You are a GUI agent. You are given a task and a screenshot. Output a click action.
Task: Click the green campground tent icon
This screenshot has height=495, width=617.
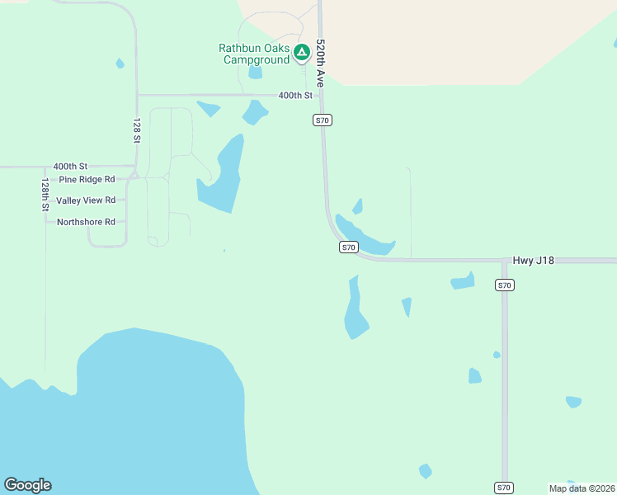pyautogui.click(x=302, y=54)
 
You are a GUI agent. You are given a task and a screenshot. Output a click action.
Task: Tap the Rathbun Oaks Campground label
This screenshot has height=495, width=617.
pyautogui.click(x=254, y=54)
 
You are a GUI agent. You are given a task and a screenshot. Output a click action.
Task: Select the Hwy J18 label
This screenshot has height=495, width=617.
pyautogui.click(x=533, y=260)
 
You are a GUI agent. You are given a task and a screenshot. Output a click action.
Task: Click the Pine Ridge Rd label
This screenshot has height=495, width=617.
pyautogui.click(x=87, y=179)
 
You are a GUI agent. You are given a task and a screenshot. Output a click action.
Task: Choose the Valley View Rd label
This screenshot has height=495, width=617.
pyautogui.click(x=86, y=200)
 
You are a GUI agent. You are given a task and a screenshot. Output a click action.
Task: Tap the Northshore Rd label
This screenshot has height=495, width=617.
pyautogui.click(x=86, y=222)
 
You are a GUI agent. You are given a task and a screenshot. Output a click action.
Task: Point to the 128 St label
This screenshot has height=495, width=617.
pyautogui.click(x=137, y=130)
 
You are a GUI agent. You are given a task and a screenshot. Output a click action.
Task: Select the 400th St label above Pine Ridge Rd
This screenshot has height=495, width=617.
pyautogui.click(x=70, y=167)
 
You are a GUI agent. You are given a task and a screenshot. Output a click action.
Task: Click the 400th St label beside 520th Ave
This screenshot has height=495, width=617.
pyautogui.click(x=295, y=96)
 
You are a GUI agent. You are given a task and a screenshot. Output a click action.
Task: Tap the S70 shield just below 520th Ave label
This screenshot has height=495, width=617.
pyautogui.click(x=323, y=120)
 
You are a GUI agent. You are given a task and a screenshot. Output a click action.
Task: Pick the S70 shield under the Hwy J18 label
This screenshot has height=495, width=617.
pyautogui.click(x=505, y=285)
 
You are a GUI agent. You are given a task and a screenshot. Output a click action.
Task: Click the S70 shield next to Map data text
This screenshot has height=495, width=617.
pyautogui.click(x=505, y=488)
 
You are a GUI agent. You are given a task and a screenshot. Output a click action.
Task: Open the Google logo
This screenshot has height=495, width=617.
pyautogui.click(x=27, y=485)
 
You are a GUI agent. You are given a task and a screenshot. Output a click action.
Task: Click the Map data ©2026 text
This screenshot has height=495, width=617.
pyautogui.click(x=581, y=488)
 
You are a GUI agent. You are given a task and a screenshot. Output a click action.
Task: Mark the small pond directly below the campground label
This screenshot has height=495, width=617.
pyautogui.click(x=255, y=73)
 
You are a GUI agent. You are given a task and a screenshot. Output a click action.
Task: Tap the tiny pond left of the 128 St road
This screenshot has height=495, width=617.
pyautogui.click(x=120, y=64)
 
